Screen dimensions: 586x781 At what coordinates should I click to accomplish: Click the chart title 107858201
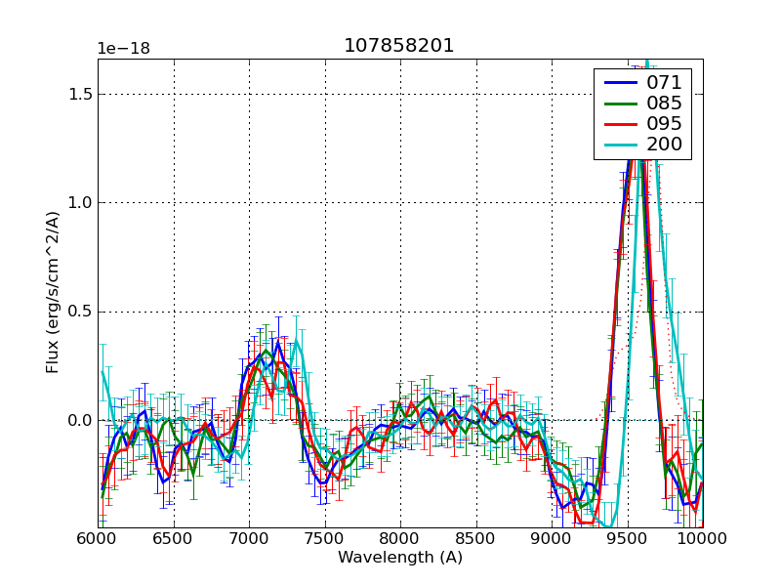(x=399, y=46)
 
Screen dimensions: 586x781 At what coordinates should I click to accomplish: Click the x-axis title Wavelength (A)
(x=400, y=558)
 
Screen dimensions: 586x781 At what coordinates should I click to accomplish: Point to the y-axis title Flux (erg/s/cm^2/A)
(x=53, y=293)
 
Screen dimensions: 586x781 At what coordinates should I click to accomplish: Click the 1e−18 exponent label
(x=123, y=49)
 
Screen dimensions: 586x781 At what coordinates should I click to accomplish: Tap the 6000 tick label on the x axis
(x=98, y=539)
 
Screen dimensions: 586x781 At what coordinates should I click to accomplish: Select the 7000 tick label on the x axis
(x=249, y=539)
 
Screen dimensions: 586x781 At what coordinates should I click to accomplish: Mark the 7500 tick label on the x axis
(x=324, y=539)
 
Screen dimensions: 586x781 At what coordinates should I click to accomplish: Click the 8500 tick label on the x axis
(x=475, y=539)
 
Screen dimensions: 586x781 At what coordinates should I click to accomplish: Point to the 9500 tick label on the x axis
(x=627, y=539)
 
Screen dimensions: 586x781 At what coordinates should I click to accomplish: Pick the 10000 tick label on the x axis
(x=702, y=539)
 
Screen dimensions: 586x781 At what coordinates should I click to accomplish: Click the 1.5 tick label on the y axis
(x=79, y=95)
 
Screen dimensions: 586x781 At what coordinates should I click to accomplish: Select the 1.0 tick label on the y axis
(x=79, y=203)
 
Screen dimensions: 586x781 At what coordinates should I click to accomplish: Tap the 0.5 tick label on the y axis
(x=79, y=313)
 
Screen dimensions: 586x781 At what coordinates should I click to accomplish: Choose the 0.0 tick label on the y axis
(x=79, y=421)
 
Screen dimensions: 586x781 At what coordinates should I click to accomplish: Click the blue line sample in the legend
(x=618, y=83)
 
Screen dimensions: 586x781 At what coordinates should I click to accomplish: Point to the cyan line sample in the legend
(x=618, y=146)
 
